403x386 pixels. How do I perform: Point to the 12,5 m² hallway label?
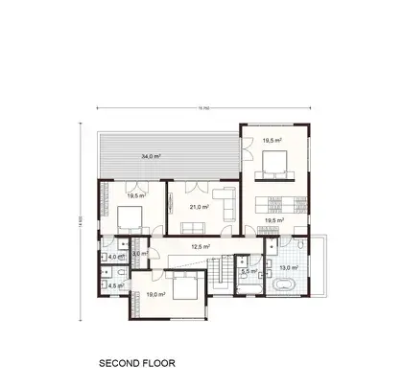(201, 245)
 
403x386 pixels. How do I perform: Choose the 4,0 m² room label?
(114, 257)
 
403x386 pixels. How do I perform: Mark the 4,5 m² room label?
(114, 285)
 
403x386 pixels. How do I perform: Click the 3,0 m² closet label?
(140, 254)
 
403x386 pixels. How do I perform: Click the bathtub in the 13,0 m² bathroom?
(284, 287)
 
